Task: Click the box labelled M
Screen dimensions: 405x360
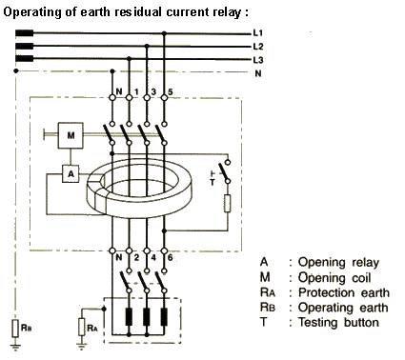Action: [71, 135]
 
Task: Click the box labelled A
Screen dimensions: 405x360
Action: [71, 174]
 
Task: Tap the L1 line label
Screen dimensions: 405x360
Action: [258, 33]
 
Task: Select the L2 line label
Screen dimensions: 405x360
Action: [258, 47]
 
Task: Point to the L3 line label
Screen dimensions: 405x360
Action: [258, 60]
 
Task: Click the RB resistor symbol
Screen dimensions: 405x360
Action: [16, 329]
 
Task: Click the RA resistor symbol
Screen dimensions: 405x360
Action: [82, 327]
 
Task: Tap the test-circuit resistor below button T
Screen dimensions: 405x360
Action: [228, 204]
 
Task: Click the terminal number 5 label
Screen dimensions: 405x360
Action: [171, 92]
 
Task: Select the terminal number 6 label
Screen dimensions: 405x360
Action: [171, 257]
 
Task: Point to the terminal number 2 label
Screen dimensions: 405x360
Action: [136, 257]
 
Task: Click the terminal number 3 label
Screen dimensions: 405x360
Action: [153, 92]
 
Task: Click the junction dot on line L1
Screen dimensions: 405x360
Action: [164, 33]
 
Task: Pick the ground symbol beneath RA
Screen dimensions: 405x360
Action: [82, 346]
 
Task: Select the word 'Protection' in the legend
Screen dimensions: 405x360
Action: [326, 292]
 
